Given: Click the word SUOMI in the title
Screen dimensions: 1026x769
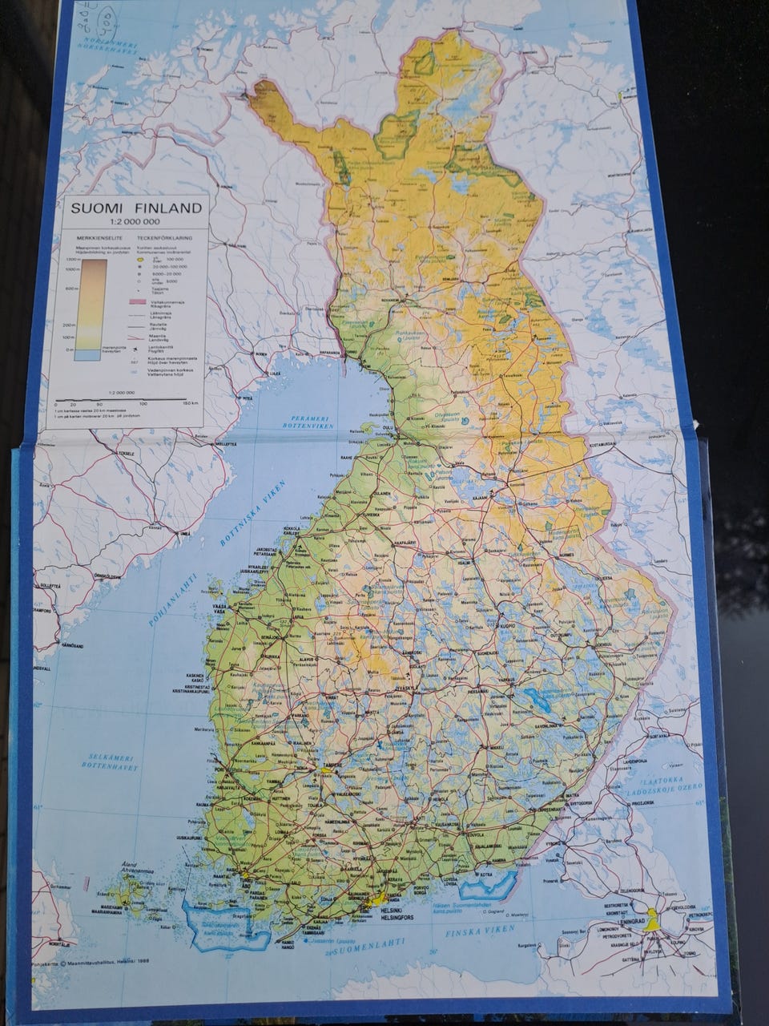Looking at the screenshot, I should click(x=99, y=208).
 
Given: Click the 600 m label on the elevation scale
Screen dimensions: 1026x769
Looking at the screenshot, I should click(x=70, y=289).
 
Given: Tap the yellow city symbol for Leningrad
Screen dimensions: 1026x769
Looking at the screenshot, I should click(x=654, y=923).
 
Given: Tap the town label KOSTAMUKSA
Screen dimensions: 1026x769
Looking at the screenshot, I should click(x=602, y=443).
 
